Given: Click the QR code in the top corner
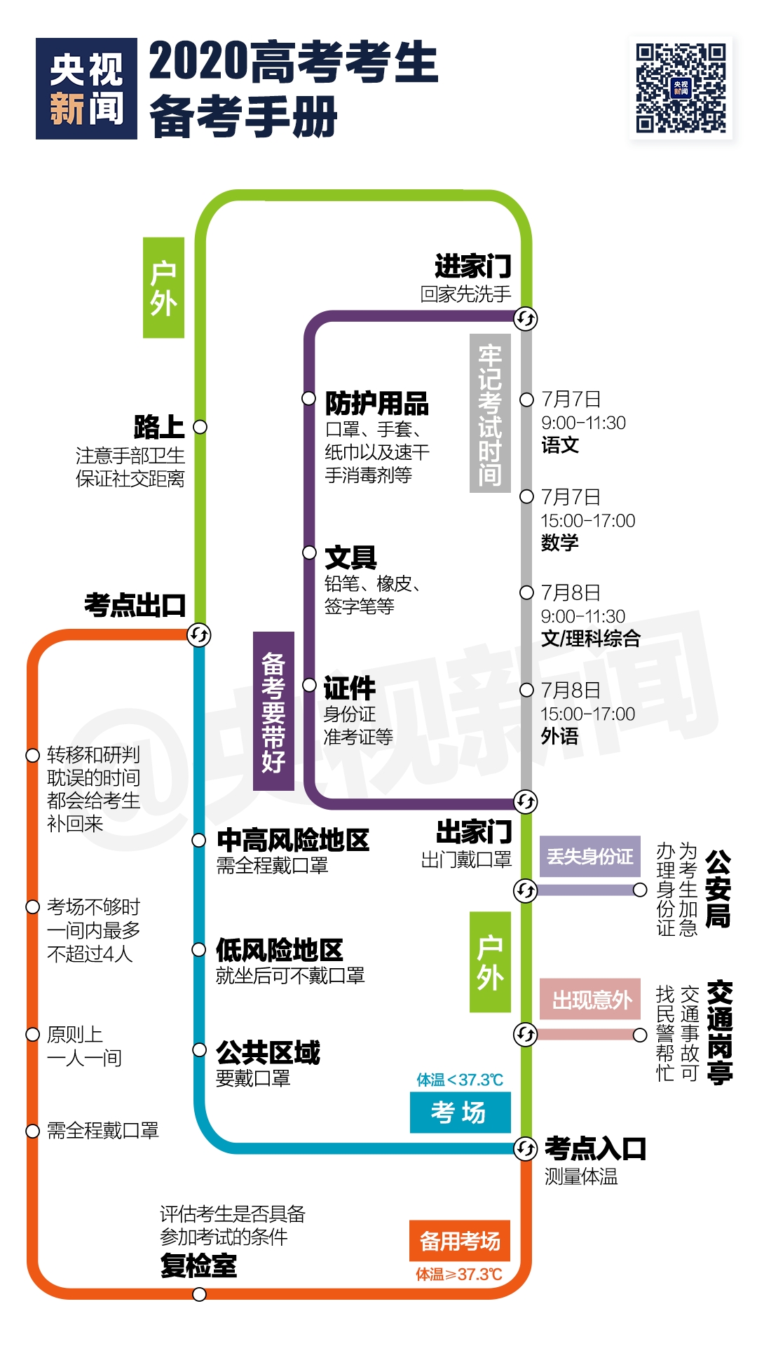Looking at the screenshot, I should pos(680,88).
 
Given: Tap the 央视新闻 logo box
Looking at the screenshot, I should pos(86,88).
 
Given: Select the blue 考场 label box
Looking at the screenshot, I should pos(460,1113).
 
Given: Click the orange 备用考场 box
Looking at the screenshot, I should pos(460,1241).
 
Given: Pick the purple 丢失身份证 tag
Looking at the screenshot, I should pos(589,857).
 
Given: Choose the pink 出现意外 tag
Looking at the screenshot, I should pos(591,999).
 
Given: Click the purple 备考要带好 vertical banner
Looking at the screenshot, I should pos(273,712).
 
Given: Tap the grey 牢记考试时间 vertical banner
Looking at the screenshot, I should pos(490,414).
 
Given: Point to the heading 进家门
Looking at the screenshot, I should pos(473,266).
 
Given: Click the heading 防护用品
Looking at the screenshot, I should pos(377,404).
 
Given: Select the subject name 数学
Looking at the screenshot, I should pos(559,543).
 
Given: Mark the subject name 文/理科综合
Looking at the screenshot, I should pos(590,639).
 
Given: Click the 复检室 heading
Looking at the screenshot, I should pos(198,1266).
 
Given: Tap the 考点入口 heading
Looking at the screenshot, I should pos(595,1148).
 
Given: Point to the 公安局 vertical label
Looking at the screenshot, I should pos(718,888).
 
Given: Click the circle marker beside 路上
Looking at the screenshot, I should pos(200,427).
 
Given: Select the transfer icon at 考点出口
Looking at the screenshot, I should pos(199,635).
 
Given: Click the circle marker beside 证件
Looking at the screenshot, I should pos(309,686).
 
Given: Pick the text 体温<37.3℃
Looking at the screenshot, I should pos(460,1080).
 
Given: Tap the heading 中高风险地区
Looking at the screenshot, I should pos(293,840).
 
